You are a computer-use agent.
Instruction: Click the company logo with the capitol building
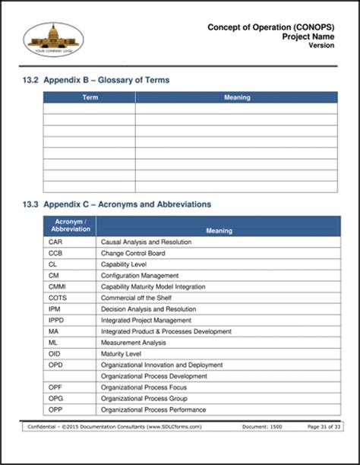pos(54,40)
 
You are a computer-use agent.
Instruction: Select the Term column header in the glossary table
pos(90,97)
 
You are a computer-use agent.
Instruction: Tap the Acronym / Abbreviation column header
pos(70,225)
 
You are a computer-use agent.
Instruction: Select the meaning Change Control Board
pos(133,253)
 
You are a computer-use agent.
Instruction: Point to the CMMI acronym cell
pos(58,286)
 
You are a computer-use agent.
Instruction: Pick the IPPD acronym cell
pos(56,321)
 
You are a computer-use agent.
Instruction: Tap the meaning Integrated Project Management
pos(147,321)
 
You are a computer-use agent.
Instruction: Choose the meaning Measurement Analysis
pos(134,343)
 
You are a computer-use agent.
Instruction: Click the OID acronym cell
pos(55,354)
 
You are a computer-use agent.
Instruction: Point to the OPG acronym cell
pos(55,399)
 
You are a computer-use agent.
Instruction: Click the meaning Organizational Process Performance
pos(153,410)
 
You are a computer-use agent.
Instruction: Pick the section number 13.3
pos(30,204)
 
